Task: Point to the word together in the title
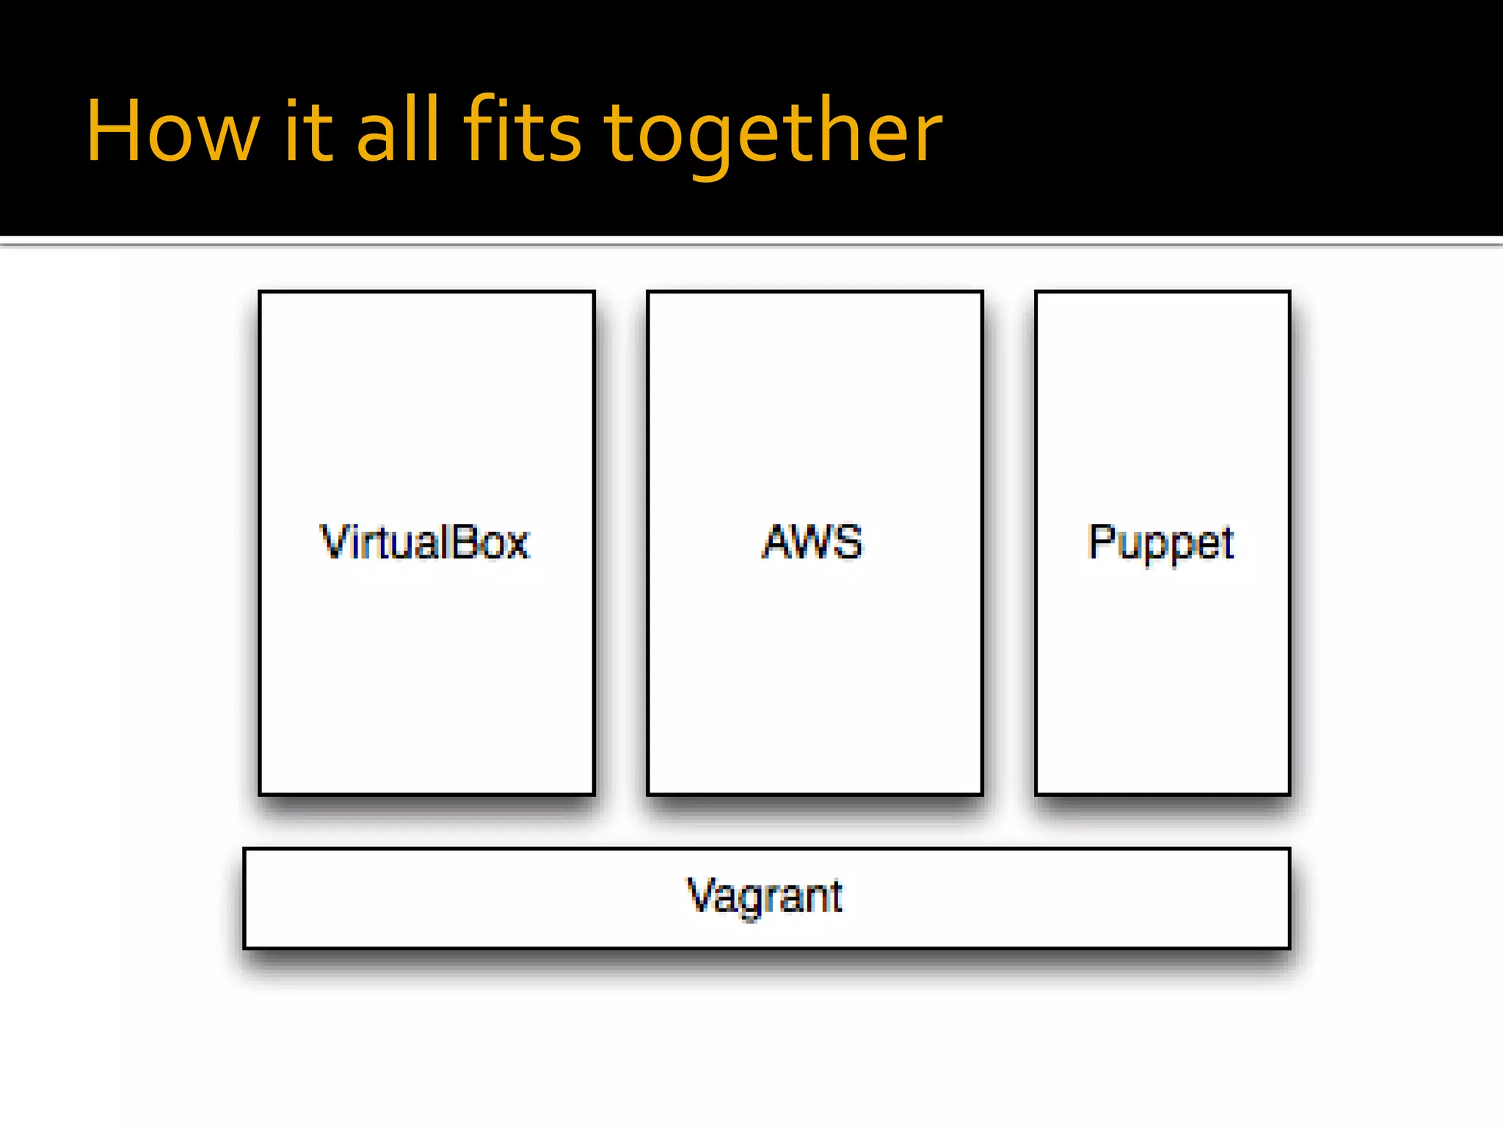[772, 136]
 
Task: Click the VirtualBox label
[424, 543]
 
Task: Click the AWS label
[812, 543]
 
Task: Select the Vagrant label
[765, 897]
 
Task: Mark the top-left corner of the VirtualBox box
[260, 292]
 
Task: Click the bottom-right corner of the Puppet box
[1289, 794]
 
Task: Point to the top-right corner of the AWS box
[982, 292]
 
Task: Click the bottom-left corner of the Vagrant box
[244, 948]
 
